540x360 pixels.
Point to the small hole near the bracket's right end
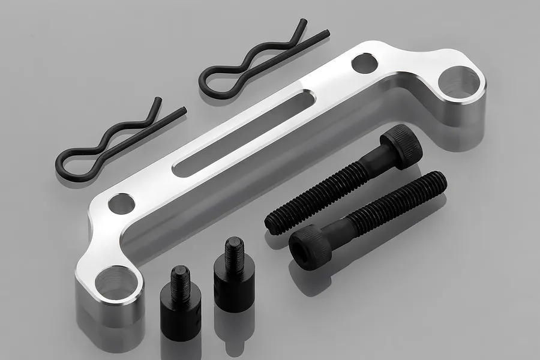(x=364, y=63)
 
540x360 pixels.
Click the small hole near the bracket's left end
(x=122, y=204)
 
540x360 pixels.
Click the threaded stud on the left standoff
(x=180, y=277)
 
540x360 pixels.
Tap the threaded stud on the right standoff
(x=234, y=250)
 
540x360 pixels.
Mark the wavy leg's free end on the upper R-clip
(x=302, y=23)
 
